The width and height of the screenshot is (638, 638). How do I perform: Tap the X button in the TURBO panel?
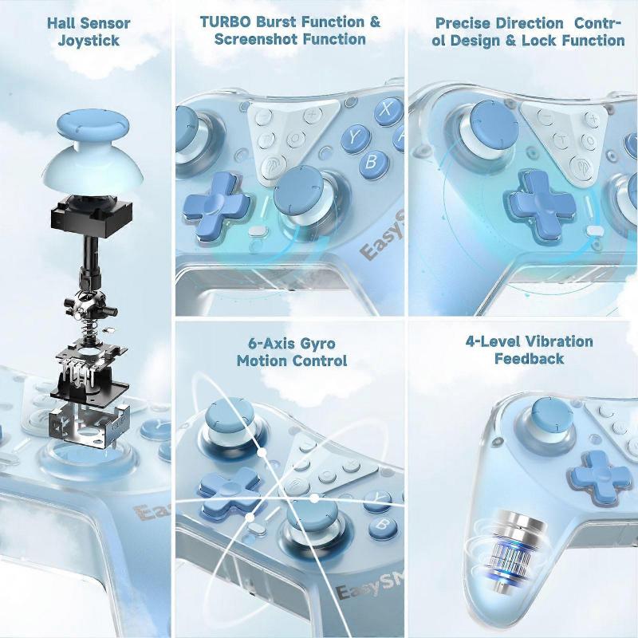pyautogui.click(x=388, y=110)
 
